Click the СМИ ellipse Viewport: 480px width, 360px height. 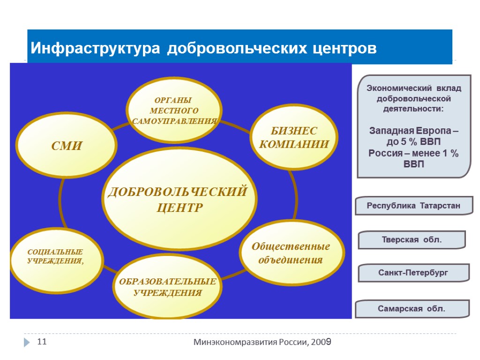[x=66, y=146]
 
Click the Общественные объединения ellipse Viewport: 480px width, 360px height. [x=291, y=253]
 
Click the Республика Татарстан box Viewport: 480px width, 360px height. [x=413, y=206]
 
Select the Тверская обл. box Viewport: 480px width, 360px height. [x=411, y=240]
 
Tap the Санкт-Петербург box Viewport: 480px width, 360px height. [x=413, y=272]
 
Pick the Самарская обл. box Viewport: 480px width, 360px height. [x=412, y=308]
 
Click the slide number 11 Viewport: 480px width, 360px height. [x=42, y=342]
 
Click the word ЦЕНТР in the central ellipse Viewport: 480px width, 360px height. [x=180, y=207]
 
